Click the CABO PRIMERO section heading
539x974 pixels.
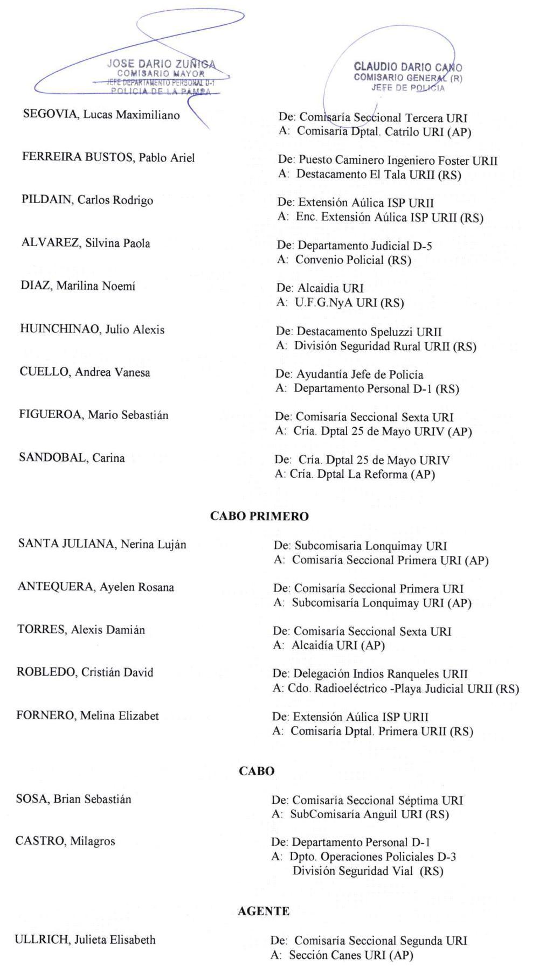click(x=259, y=516)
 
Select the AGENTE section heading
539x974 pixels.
click(x=264, y=911)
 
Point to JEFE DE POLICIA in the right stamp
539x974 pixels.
click(x=408, y=88)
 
